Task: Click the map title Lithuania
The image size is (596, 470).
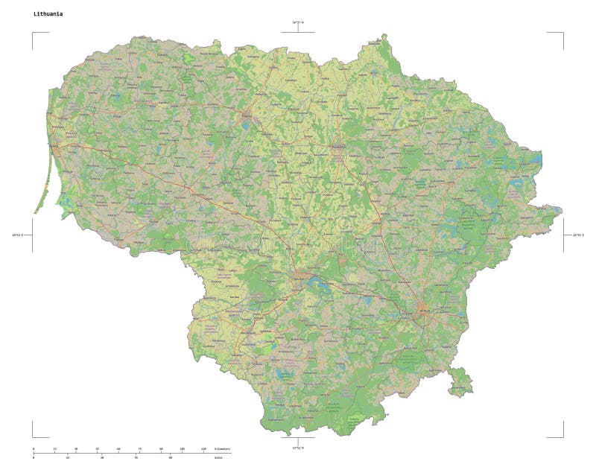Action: coord(48,13)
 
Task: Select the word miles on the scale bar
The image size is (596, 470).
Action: coord(218,458)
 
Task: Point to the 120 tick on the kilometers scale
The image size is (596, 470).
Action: coord(203,450)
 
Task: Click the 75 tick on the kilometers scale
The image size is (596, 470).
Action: coord(139,450)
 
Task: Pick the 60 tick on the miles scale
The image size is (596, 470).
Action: coord(171,458)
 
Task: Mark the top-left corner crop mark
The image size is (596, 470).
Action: coord(34,34)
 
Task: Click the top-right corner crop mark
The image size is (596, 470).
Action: coord(562,34)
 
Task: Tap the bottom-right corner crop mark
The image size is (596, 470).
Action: coord(562,436)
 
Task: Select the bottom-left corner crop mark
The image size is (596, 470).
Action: coord(34,436)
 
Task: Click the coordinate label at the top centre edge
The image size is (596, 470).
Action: coord(298,22)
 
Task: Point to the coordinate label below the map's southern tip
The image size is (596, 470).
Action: coord(298,448)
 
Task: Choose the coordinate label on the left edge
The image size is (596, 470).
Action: coord(17,235)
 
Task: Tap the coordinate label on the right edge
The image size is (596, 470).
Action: coord(578,235)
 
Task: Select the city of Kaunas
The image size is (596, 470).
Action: coord(301,277)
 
